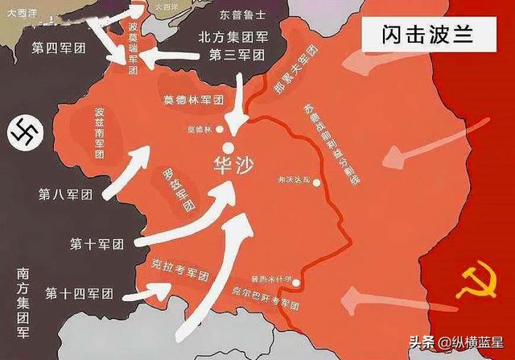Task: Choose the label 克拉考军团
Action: pos(180,265)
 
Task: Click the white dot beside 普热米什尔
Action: pos(297,283)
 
